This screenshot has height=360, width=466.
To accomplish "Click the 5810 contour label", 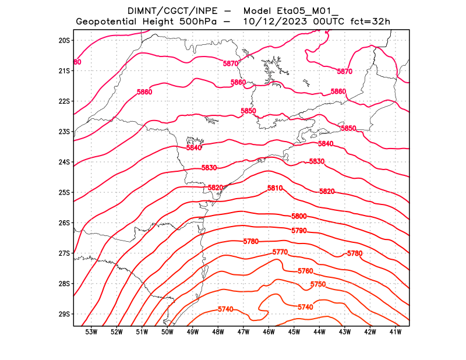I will (275, 189).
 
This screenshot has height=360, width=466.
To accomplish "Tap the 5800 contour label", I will (299, 216).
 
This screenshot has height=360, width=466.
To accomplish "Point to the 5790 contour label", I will (299, 231).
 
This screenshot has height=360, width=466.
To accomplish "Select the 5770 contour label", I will (280, 252).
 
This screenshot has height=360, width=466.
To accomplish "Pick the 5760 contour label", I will (305, 271).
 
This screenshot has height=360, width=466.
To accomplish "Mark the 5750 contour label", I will (318, 284).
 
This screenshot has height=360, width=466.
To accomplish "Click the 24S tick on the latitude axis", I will (64, 162).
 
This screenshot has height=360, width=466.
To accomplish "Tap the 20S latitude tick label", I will (64, 40).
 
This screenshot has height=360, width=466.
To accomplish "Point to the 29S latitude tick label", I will (64, 314).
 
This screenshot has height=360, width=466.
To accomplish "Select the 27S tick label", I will (64, 253).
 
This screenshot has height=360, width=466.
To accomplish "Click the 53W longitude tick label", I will (91, 333).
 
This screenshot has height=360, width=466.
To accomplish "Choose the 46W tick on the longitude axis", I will (269, 333).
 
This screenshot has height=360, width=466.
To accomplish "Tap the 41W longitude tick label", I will (396, 333).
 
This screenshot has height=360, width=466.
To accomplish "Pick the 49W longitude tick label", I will (193, 333).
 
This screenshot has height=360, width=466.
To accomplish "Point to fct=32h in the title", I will (370, 22).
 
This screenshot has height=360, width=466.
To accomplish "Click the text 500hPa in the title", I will (198, 22).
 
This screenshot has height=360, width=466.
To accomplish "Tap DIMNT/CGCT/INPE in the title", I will (163, 11).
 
